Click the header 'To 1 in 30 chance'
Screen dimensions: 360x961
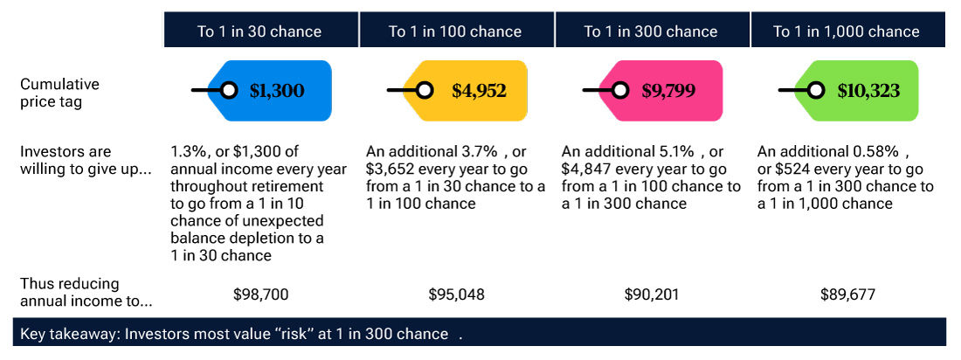[259, 31]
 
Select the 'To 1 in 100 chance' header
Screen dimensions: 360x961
[455, 31]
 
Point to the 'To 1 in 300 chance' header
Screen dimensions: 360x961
[651, 31]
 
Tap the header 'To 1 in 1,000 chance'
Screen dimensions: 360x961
[847, 31]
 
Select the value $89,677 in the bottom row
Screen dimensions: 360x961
[847, 294]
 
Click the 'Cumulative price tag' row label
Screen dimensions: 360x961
[59, 92]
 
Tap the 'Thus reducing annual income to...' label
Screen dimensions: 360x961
[86, 293]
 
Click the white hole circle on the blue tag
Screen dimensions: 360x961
[229, 90]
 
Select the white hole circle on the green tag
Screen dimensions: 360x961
[816, 90]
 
